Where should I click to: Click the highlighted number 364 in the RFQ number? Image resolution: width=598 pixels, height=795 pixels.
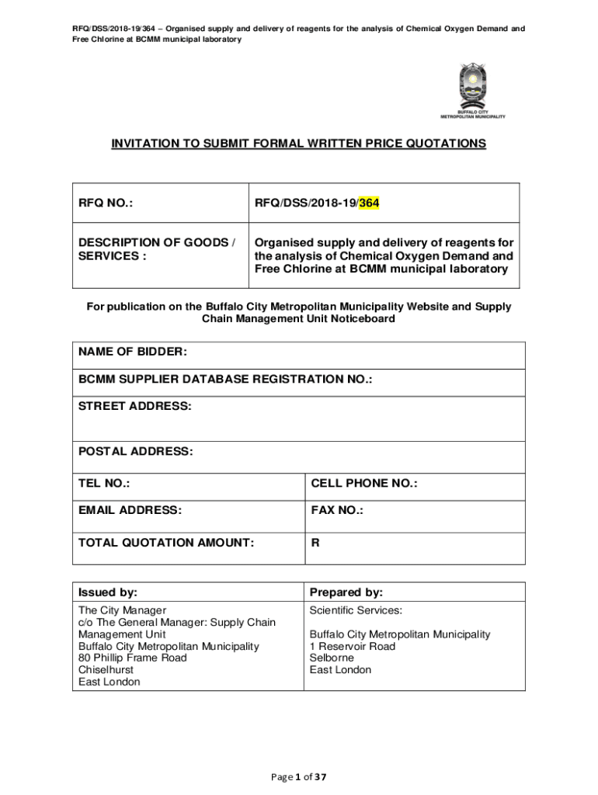369,203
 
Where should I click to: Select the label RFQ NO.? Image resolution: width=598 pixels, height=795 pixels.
105,203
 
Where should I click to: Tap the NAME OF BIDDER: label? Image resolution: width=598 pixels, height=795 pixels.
133,352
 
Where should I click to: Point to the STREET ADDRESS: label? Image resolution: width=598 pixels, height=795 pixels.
134,406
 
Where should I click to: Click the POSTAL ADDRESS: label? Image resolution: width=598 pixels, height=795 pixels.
135,451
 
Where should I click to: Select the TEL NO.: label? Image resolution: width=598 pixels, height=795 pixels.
104,484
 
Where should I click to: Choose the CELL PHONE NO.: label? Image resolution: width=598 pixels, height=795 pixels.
363,484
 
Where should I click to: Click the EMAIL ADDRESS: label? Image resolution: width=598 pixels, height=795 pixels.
130,510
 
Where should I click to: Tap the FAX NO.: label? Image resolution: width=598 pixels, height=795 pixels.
337,510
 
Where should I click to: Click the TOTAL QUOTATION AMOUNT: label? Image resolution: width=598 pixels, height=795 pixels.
165,543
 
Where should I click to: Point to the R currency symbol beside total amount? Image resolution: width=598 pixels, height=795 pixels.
315,543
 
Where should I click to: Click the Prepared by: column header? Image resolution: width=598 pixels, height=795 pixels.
346,592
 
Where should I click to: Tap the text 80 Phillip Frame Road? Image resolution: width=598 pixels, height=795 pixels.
132,658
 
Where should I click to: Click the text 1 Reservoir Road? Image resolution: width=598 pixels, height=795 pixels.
352,646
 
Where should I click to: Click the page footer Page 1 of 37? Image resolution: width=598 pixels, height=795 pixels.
298,776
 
